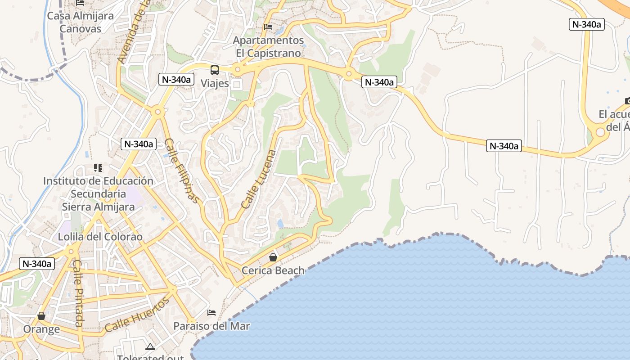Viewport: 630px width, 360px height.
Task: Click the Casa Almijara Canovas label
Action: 81,22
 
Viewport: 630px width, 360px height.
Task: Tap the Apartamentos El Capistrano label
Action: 268,47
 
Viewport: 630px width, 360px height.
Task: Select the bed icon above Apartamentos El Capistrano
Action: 268,27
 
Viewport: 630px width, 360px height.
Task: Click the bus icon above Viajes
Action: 215,70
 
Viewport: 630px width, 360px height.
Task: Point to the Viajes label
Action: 215,83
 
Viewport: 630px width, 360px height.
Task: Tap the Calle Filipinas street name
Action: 181,171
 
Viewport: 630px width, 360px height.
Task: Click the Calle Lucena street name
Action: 259,179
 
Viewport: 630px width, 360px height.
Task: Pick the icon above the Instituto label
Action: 98,168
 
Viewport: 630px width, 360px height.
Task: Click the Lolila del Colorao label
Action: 100,237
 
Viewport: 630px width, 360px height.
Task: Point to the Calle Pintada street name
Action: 78,293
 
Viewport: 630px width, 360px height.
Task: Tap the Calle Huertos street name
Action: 136,315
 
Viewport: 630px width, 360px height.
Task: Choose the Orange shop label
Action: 41,329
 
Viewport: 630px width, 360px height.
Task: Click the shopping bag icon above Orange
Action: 41,316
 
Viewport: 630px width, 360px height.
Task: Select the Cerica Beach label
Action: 273,270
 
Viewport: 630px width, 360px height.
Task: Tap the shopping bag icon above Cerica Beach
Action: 273,257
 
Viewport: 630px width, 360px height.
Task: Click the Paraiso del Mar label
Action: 211,326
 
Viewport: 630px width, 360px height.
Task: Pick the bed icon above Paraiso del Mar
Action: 211,313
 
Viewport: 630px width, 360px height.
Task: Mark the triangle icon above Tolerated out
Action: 150,346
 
